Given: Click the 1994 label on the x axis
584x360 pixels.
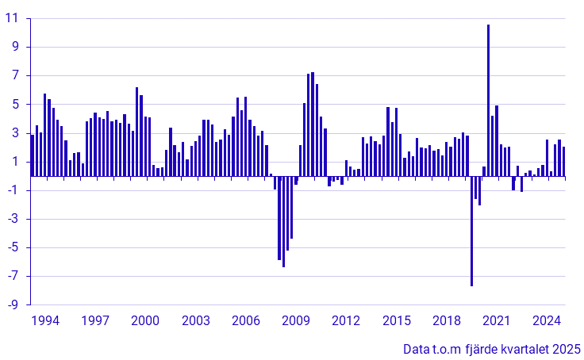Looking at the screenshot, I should [44, 321].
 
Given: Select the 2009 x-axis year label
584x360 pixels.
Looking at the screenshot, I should [296, 321].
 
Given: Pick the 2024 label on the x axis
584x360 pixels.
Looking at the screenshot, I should [547, 321].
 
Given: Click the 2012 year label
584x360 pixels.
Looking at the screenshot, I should [346, 321].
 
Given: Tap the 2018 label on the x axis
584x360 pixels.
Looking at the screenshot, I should [447, 321].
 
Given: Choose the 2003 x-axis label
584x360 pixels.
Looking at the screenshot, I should [195, 321].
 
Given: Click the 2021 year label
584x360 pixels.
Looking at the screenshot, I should [497, 321].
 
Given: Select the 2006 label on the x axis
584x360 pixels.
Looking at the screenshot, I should [246, 321].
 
